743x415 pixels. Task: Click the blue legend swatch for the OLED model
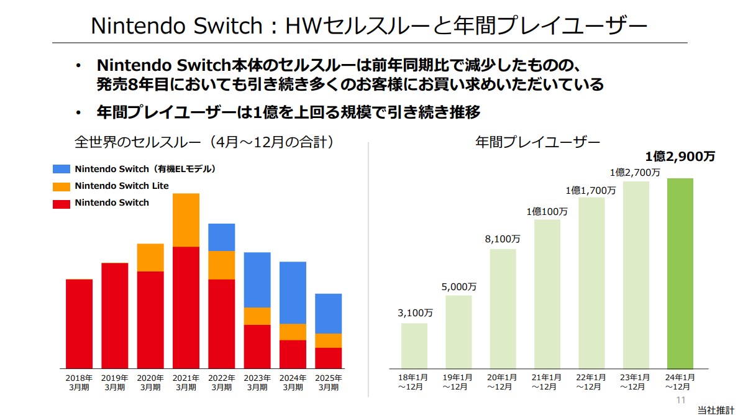coord(62,169)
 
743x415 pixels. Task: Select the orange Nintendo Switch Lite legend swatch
coord(62,186)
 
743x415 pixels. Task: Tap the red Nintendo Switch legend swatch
coord(62,203)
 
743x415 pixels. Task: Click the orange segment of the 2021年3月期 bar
coord(186,220)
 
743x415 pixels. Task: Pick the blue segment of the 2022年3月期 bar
coord(221,237)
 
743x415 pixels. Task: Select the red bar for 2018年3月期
coord(79,323)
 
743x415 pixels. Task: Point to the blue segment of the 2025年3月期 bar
coord(328,314)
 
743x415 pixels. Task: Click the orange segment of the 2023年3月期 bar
coord(257,316)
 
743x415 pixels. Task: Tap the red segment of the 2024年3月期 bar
coord(293,354)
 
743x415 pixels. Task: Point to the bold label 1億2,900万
coord(680,157)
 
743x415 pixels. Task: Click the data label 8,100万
coord(503,239)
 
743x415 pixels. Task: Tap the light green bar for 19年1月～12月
coord(458,331)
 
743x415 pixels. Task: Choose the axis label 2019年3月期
coord(114,382)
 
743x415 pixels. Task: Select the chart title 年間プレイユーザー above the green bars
coord(538,142)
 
